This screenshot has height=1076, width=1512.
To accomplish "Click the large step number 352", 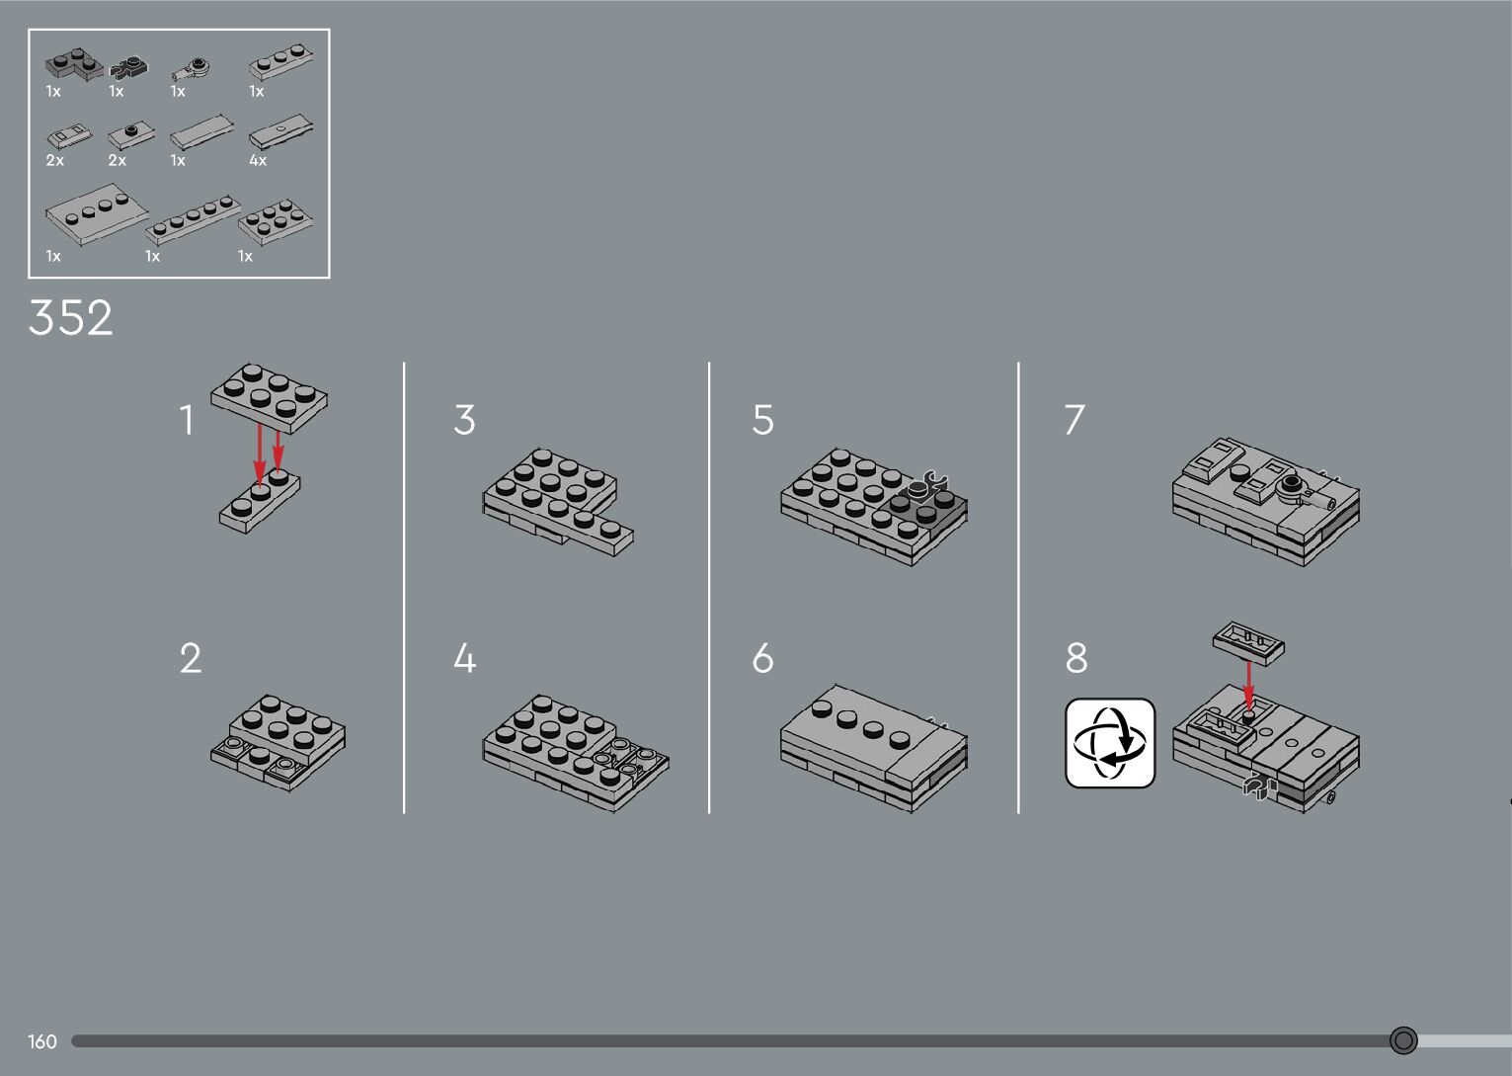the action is click(71, 317).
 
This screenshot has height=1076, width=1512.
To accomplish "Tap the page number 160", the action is click(41, 1041).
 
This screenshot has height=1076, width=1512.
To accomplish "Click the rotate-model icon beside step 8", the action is click(1110, 743).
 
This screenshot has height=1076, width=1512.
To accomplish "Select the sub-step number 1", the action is click(187, 420).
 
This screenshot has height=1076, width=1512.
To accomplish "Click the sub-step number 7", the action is click(1074, 420).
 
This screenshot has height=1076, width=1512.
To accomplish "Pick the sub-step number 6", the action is click(762, 658).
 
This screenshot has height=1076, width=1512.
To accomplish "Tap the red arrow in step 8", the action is click(1248, 686).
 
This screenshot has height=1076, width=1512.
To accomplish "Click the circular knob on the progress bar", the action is click(1403, 1040).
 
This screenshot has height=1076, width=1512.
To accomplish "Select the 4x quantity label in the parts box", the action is click(258, 161).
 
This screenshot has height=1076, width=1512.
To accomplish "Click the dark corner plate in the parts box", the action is click(74, 64).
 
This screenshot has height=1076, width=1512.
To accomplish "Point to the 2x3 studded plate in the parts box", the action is click(276, 221).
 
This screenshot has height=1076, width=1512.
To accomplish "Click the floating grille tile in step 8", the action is click(1248, 643).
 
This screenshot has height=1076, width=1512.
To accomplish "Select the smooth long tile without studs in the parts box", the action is click(201, 131).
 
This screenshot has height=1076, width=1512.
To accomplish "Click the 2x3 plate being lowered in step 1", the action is click(269, 398).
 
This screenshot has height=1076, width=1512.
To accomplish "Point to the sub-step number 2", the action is click(191, 658).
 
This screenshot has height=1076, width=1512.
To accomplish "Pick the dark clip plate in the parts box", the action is click(128, 67).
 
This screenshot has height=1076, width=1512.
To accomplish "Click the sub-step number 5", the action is click(762, 420).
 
